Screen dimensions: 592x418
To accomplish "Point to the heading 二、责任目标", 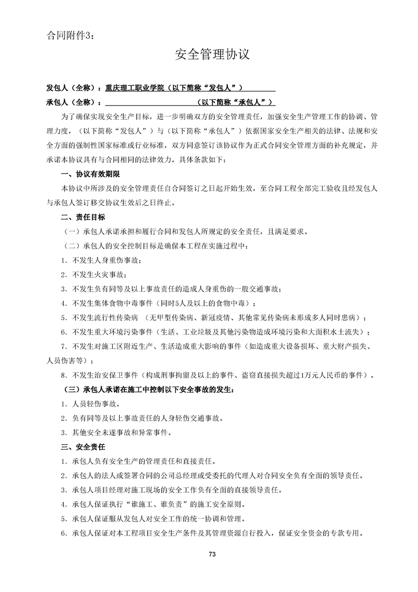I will click(x=83, y=217).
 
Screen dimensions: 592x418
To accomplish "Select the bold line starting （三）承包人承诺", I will click(x=148, y=389).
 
